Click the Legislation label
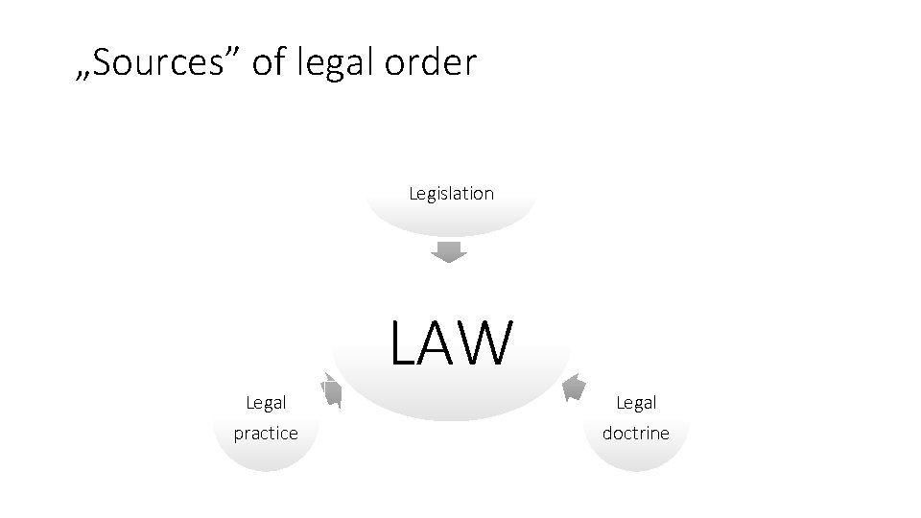pyautogui.click(x=451, y=193)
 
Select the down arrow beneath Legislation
pyautogui.click(x=448, y=253)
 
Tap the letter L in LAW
pyautogui.click(x=405, y=344)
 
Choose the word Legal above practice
pyautogui.click(x=266, y=403)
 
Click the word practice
pyautogui.click(x=266, y=434)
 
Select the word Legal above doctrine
pyautogui.click(x=636, y=403)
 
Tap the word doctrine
pyautogui.click(x=636, y=433)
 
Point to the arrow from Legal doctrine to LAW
pyautogui.click(x=573, y=387)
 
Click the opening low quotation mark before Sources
pyautogui.click(x=83, y=76)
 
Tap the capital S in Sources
pyautogui.click(x=102, y=62)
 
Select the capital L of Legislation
pyautogui.click(x=413, y=193)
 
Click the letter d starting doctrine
pyautogui.click(x=608, y=433)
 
